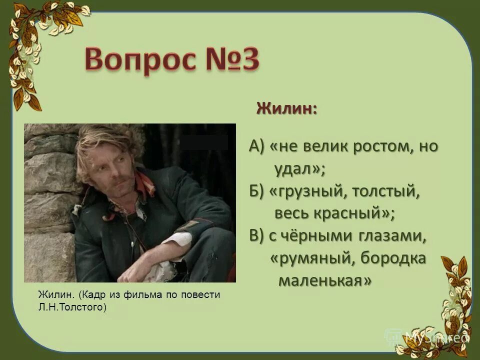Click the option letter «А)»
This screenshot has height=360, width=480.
point(257,147)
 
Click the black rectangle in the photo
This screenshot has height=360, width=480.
point(204,142)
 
